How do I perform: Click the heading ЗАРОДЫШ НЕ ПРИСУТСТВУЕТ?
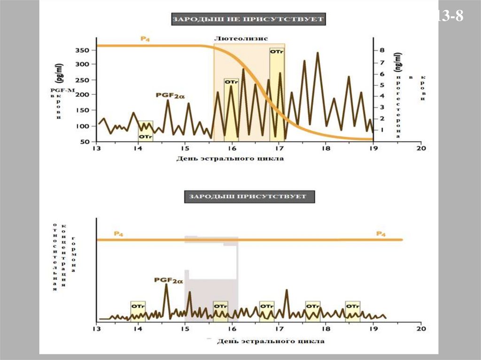pos(248,19)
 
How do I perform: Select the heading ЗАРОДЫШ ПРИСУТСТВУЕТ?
pos(248,196)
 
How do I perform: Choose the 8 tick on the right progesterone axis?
pos(382,50)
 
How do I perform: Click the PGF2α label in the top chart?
pos(170,95)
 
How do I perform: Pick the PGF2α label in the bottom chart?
pos(168,280)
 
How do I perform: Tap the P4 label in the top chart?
pos(146,38)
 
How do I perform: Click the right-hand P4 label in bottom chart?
pos(381,233)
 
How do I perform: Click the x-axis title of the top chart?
pos(230,158)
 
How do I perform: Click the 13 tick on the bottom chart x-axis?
pos(96,329)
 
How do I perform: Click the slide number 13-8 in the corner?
pos(450,16)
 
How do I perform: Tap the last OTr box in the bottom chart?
pos(353,306)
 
